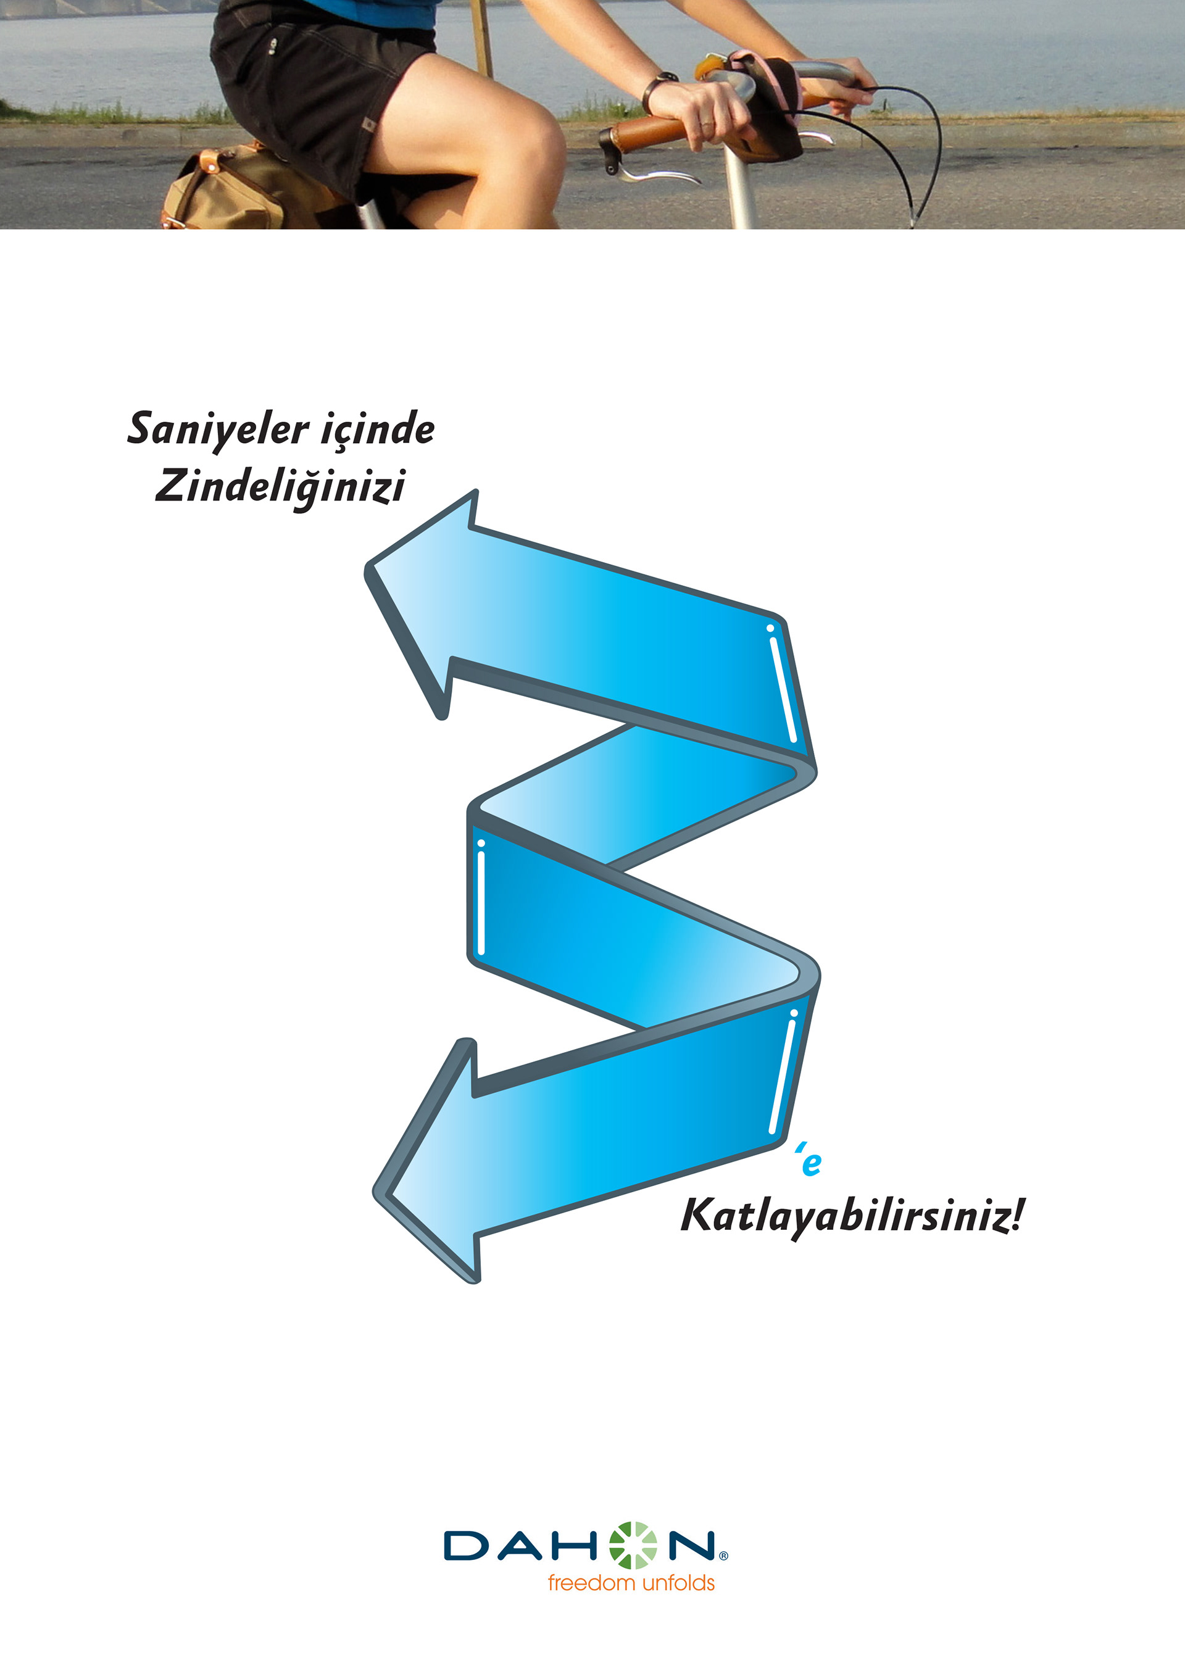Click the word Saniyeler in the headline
tap(217, 429)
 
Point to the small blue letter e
tap(811, 1164)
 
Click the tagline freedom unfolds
tap(631, 1583)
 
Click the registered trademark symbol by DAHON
tap(723, 1556)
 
